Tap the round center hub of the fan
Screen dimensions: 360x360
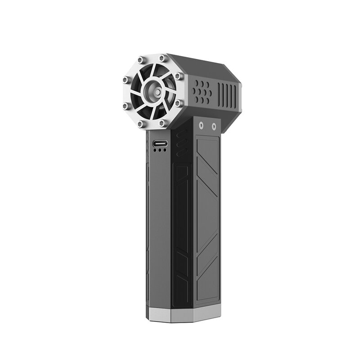(153, 92)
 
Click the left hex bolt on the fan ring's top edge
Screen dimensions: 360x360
(141, 60)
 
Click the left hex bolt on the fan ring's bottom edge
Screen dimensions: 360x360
(140, 123)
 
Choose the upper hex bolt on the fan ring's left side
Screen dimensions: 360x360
(125, 79)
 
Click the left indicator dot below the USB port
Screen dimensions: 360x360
(154, 151)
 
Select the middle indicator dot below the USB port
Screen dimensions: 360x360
(159, 151)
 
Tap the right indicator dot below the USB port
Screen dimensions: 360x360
(164, 151)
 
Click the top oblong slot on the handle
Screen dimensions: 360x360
(182, 135)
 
